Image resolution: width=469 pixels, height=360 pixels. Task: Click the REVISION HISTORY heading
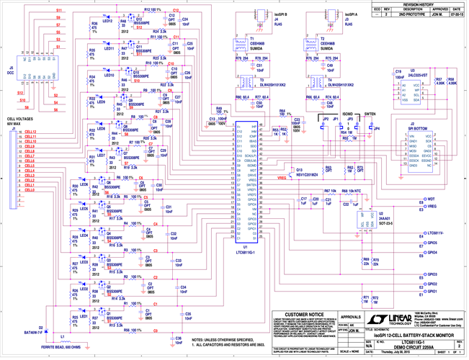coord(419,4)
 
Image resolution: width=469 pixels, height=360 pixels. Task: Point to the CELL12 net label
coord(30,132)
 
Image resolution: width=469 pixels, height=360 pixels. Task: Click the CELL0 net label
coord(30,189)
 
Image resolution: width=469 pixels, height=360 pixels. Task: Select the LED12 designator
coord(107,21)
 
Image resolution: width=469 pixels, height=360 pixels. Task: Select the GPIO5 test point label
coord(433,243)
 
